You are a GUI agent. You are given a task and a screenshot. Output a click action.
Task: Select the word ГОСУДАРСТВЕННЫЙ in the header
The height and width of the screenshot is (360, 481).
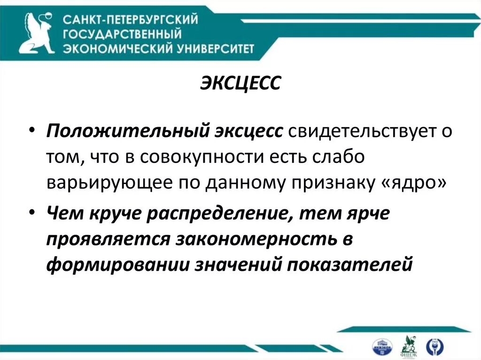123,34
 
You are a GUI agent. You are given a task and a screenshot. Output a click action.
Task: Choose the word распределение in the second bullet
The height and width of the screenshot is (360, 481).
225,214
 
